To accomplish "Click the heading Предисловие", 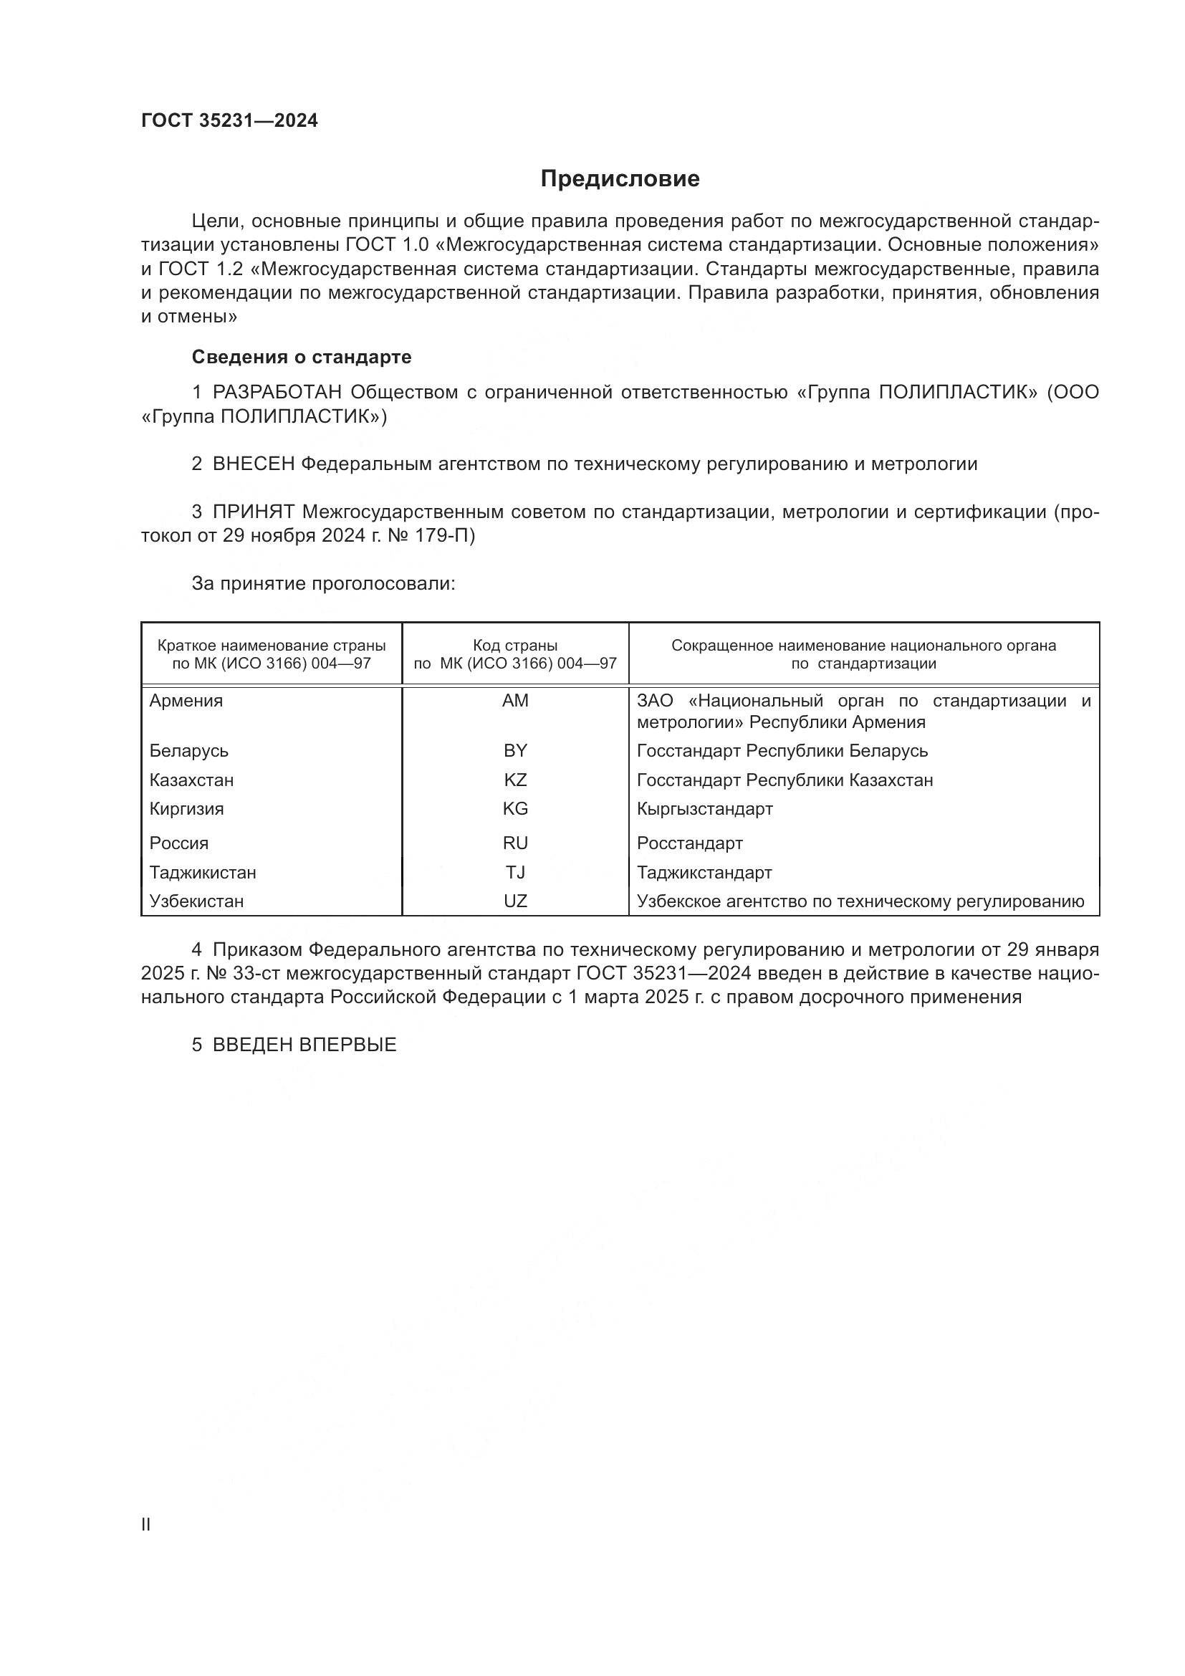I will (620, 179).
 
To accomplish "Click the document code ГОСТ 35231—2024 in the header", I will (229, 121).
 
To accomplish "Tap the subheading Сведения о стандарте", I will (302, 357).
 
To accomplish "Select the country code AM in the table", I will (515, 701).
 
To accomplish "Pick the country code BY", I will (515, 750).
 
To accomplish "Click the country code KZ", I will (515, 780).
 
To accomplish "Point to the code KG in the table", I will (515, 809).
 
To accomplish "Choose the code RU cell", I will (515, 843).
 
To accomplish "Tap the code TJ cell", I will (515, 872).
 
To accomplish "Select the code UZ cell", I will (515, 901).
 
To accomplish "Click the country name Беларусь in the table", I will (189, 750).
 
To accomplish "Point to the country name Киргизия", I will (187, 809).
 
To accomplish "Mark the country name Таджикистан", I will (203, 872).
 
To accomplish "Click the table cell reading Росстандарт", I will (689, 843).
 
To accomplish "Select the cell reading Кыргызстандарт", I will (705, 809).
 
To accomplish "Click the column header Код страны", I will (515, 646).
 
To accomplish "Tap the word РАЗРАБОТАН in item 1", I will (277, 393).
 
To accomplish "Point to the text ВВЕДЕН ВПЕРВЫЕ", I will (304, 1045).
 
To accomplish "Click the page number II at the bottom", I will (146, 1525).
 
